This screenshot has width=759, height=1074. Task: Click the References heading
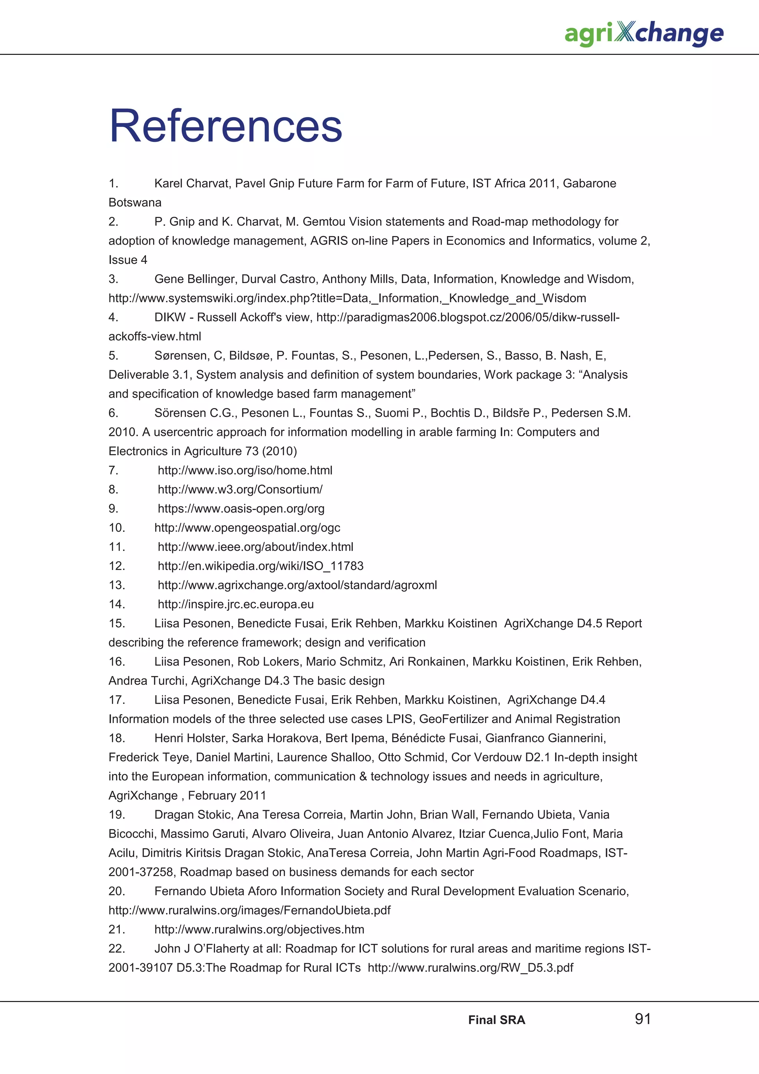(x=226, y=126)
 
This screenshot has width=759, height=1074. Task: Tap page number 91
(x=643, y=1019)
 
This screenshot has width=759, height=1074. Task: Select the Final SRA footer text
(x=497, y=1020)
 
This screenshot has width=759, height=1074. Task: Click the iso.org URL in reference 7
(x=245, y=470)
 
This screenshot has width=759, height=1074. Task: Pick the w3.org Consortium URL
(x=240, y=489)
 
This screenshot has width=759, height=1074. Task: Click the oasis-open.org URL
(x=241, y=508)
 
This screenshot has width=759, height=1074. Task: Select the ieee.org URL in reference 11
(x=255, y=547)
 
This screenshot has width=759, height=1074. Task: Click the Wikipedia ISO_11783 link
(x=261, y=566)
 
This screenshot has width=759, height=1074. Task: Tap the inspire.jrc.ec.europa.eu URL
(x=236, y=604)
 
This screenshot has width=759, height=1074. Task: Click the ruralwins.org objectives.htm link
(x=259, y=929)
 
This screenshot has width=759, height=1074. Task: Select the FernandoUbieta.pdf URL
(x=249, y=910)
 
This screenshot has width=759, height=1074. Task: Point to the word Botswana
(x=135, y=203)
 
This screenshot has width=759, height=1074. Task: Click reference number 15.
(x=116, y=624)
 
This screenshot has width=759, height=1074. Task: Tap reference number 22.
(x=116, y=949)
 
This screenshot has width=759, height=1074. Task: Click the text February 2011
(x=227, y=796)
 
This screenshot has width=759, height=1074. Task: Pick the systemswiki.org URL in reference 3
(x=347, y=298)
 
